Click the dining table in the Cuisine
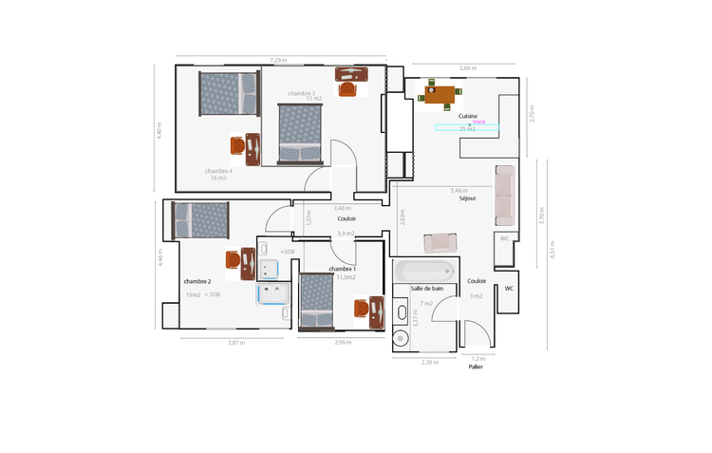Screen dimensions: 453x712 click(441, 94)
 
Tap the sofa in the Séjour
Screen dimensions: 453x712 click(504, 196)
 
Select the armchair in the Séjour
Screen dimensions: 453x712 click(441, 242)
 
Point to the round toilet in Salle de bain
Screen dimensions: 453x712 click(401, 338)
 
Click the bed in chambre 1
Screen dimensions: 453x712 click(315, 302)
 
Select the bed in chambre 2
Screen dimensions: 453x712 click(200, 219)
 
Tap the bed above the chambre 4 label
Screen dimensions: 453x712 click(229, 94)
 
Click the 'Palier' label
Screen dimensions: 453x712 click(476, 367)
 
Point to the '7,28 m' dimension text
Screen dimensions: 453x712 click(278, 60)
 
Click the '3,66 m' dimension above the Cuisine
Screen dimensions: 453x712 click(468, 68)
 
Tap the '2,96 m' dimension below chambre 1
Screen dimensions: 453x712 click(342, 342)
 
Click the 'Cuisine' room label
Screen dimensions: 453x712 click(468, 116)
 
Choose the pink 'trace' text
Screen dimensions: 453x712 click(478, 122)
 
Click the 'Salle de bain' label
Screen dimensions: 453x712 click(426, 288)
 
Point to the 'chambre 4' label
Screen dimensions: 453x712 click(218, 171)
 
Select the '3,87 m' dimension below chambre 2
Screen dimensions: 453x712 click(236, 342)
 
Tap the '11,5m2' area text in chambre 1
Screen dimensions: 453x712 click(346, 277)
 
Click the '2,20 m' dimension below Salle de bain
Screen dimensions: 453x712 click(430, 362)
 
